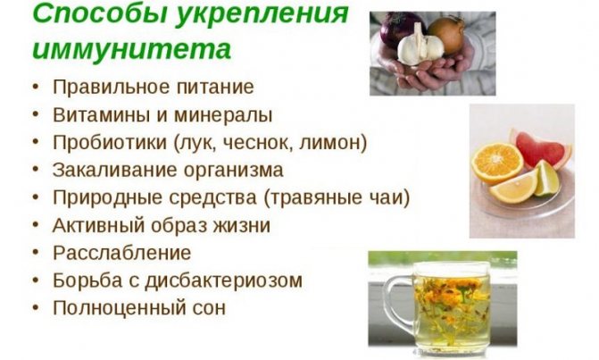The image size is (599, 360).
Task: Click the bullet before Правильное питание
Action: pyautogui.click(x=33, y=88)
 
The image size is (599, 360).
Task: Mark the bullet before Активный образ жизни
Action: pyautogui.click(x=33, y=226)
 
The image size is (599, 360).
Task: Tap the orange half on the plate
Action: pyautogui.click(x=496, y=165)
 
